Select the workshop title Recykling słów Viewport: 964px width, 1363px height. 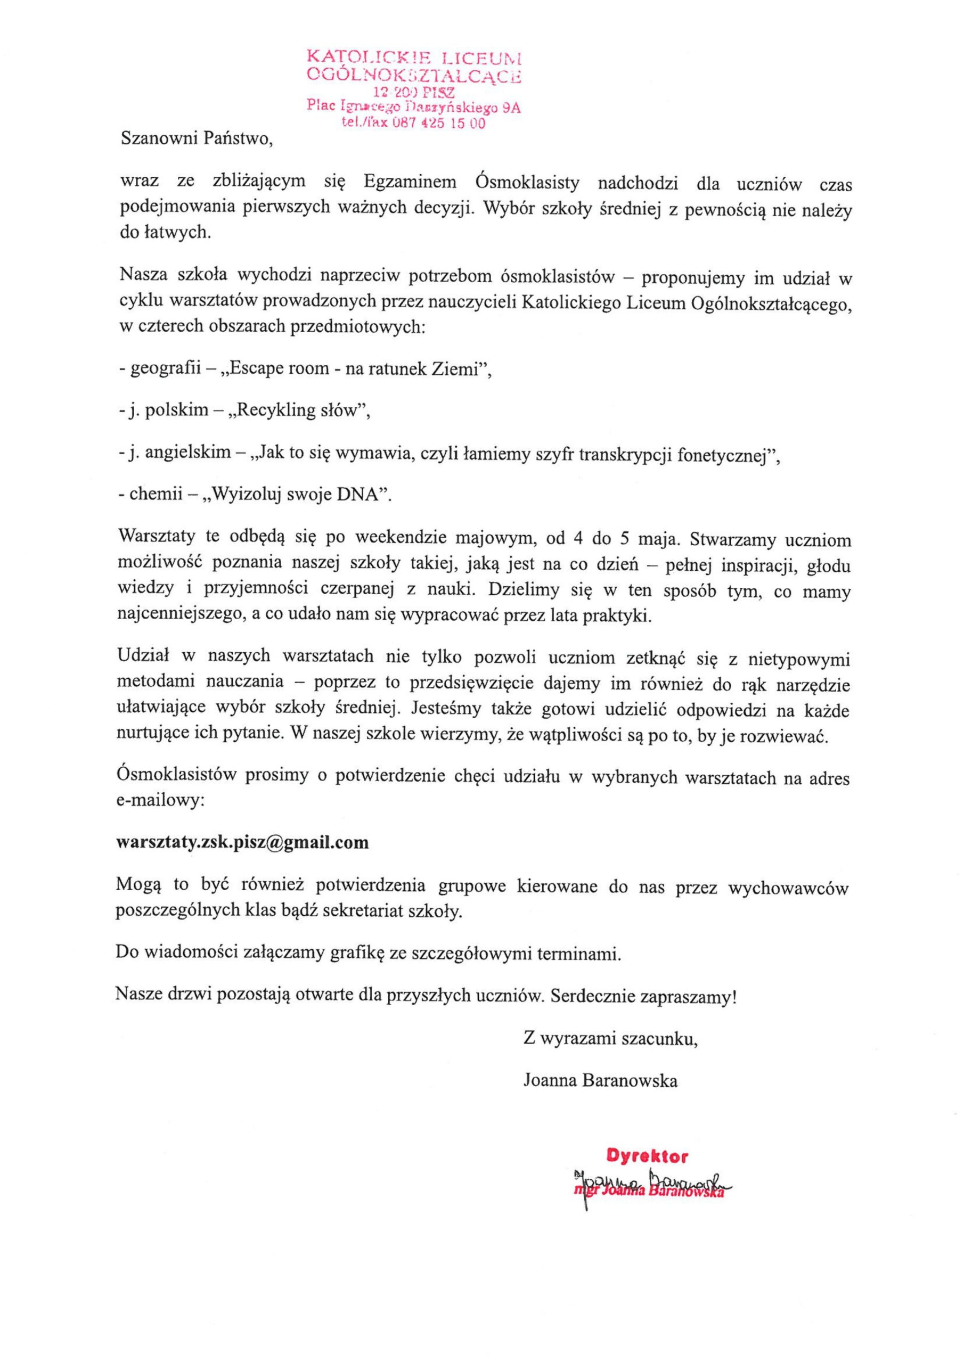(297, 411)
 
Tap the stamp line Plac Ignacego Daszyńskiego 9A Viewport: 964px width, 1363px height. (413, 107)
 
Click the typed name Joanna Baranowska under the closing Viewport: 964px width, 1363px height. (600, 1080)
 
